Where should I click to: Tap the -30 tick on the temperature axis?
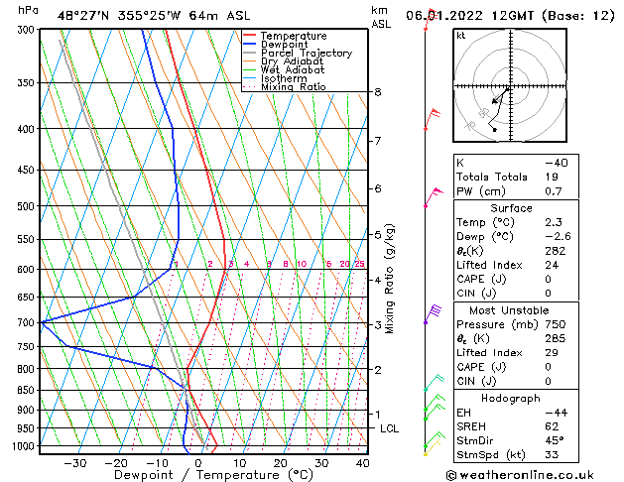tap(74, 463)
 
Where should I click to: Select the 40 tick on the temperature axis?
tap(362, 463)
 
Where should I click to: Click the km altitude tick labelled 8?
tap(378, 92)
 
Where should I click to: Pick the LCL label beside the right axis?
tap(389, 428)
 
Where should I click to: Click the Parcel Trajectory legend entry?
tap(306, 53)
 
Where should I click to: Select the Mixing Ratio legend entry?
tap(293, 87)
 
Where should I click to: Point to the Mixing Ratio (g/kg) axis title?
tap(390, 278)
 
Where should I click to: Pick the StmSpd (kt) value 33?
tap(553, 455)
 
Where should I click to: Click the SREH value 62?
tap(552, 426)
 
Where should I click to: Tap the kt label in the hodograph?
tap(461, 35)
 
